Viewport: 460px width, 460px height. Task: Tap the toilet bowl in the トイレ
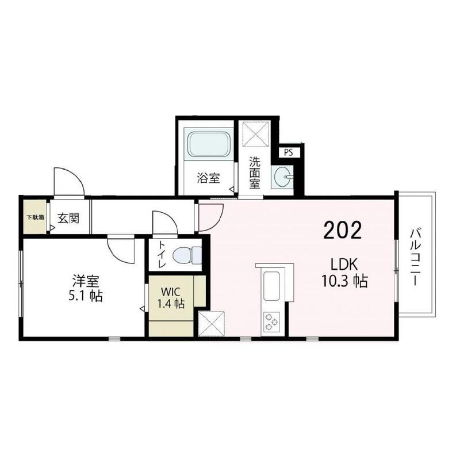[187, 255]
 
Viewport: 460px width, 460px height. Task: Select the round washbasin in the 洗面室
[282, 177]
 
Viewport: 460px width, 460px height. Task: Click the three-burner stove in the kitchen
[271, 322]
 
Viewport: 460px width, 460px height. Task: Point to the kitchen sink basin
[271, 286]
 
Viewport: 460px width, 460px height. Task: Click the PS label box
[289, 152]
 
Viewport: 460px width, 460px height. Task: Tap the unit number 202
[342, 231]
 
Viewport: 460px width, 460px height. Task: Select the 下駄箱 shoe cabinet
[35, 217]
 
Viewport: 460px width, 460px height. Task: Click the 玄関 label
[68, 218]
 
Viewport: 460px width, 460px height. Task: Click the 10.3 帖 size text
[344, 281]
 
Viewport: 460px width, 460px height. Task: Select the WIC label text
[171, 292]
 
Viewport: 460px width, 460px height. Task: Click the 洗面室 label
[255, 173]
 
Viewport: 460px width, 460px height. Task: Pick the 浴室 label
[208, 178]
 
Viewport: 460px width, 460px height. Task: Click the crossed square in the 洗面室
[255, 134]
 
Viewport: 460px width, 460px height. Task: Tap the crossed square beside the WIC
[211, 324]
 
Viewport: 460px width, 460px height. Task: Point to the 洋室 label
[86, 281]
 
